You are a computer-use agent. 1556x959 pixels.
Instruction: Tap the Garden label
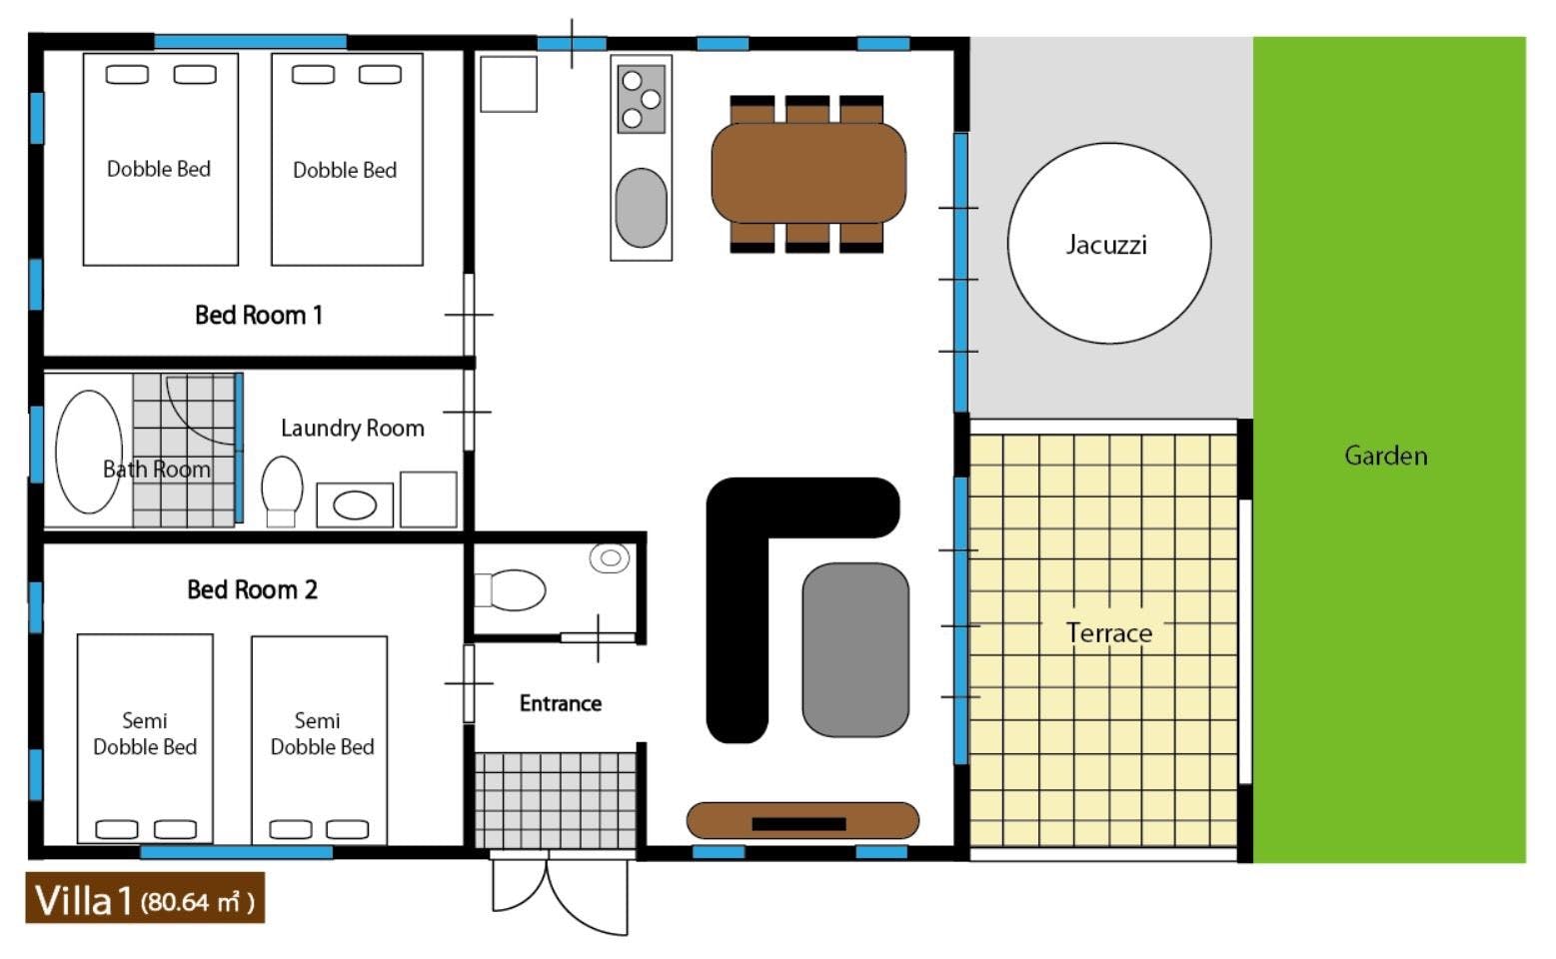pos(1386,456)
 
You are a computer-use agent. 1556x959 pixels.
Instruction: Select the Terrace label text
pos(1109,632)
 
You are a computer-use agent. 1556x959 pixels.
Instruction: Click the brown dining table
pos(808,173)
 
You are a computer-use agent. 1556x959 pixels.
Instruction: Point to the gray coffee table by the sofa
pos(855,649)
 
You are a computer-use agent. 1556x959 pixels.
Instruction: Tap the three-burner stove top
pos(642,99)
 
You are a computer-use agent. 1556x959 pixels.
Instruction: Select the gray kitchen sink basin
pos(642,208)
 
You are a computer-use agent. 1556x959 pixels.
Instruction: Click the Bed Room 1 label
pos(259,316)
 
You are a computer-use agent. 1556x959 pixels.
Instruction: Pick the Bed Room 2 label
pos(252,589)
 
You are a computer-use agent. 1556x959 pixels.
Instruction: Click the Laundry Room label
pos(352,428)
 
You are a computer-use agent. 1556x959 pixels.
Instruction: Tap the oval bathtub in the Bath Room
pos(89,452)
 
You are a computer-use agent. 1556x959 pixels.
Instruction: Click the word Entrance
pos(561,703)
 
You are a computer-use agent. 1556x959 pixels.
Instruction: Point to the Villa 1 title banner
pos(145,898)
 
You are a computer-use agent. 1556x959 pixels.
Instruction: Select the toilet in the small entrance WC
pos(510,590)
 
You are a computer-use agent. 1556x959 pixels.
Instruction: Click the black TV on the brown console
pos(798,824)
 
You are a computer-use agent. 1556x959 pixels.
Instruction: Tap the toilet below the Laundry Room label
pos(282,490)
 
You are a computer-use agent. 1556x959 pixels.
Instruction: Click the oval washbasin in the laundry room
pos(355,505)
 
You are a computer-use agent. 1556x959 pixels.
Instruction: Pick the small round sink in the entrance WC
pos(610,557)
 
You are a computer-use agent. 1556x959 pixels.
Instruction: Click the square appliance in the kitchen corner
pos(509,84)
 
